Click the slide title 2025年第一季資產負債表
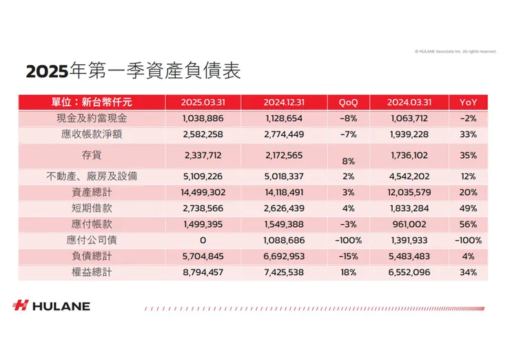coord(133,72)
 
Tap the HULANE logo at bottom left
coord(51,306)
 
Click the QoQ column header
coord(348,102)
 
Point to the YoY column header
coord(468,102)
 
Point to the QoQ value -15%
coord(348,257)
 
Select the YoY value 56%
coord(468,225)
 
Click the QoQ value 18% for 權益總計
coord(348,272)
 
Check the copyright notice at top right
coord(455,51)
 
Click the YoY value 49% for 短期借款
coord(468,208)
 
